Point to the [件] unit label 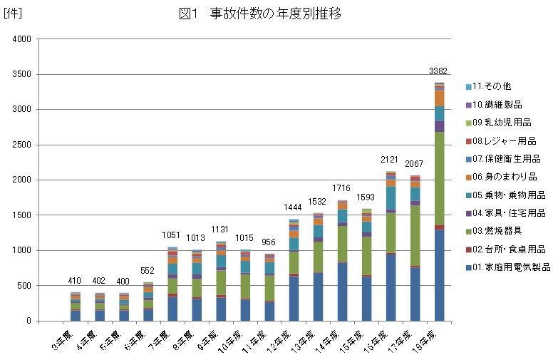[x=11, y=13]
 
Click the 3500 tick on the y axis [x=21, y=74]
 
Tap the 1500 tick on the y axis [x=21, y=215]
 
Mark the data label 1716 [x=343, y=188]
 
